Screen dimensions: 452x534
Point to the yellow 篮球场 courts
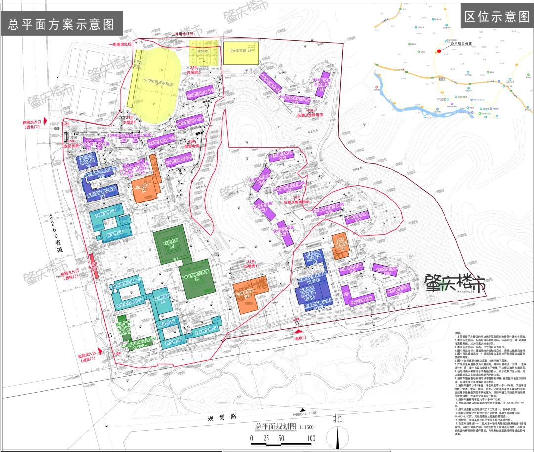[x=203, y=53]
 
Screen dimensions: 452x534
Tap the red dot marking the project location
[x=438, y=51]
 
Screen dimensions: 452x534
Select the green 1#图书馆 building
[x=171, y=244]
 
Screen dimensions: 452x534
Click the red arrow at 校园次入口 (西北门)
[x=45, y=120]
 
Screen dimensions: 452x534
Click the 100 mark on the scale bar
[x=311, y=438]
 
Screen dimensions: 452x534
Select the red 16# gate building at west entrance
[x=92, y=265]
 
